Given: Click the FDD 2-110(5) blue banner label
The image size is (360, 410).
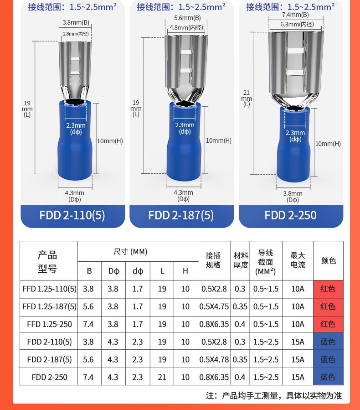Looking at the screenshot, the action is point(72,215).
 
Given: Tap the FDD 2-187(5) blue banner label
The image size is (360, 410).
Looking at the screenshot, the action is point(181,215).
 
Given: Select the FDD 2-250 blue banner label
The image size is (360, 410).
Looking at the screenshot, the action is point(291,215).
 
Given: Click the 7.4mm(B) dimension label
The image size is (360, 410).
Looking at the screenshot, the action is point(295,15).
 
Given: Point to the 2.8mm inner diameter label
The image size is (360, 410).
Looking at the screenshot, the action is point(76,34).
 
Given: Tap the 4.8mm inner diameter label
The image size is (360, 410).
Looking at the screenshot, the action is point(186,27).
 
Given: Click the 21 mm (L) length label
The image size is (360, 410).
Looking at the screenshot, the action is point(247,99).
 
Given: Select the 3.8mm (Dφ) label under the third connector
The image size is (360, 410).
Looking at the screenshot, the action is point(293,197).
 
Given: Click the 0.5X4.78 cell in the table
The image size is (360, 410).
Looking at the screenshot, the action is point(214,359).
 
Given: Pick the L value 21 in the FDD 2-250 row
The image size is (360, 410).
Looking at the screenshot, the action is point(162,377).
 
